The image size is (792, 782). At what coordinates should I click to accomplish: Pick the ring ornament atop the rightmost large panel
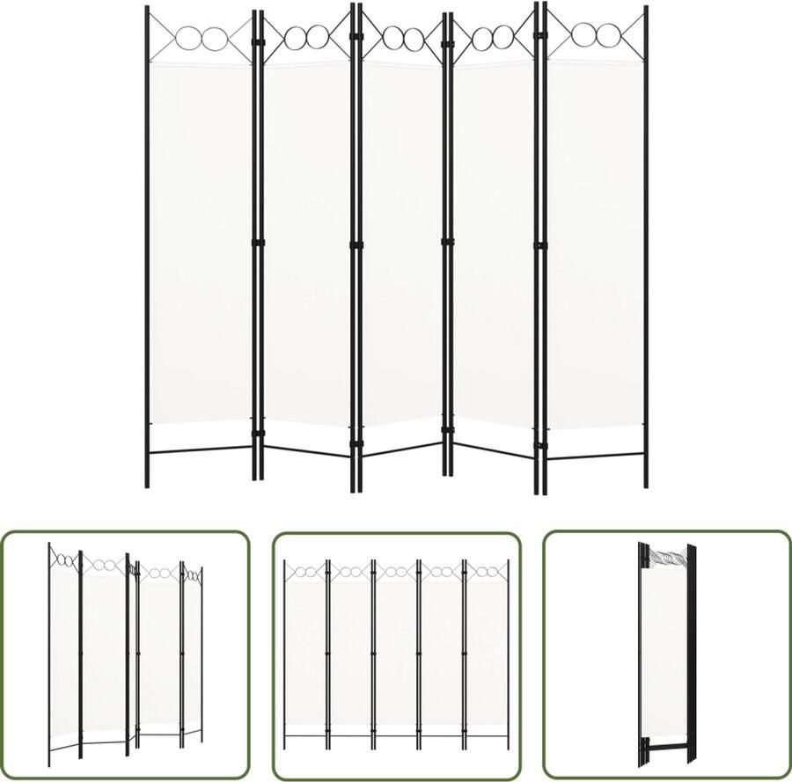[597, 36]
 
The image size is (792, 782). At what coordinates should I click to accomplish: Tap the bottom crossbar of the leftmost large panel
[202, 450]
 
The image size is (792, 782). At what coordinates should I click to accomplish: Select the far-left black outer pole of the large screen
[147, 246]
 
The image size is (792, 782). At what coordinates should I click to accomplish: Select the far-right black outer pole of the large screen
[646, 246]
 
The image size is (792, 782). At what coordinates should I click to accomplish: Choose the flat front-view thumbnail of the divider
[396, 654]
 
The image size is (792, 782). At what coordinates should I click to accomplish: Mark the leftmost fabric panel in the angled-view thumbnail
[64, 651]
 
